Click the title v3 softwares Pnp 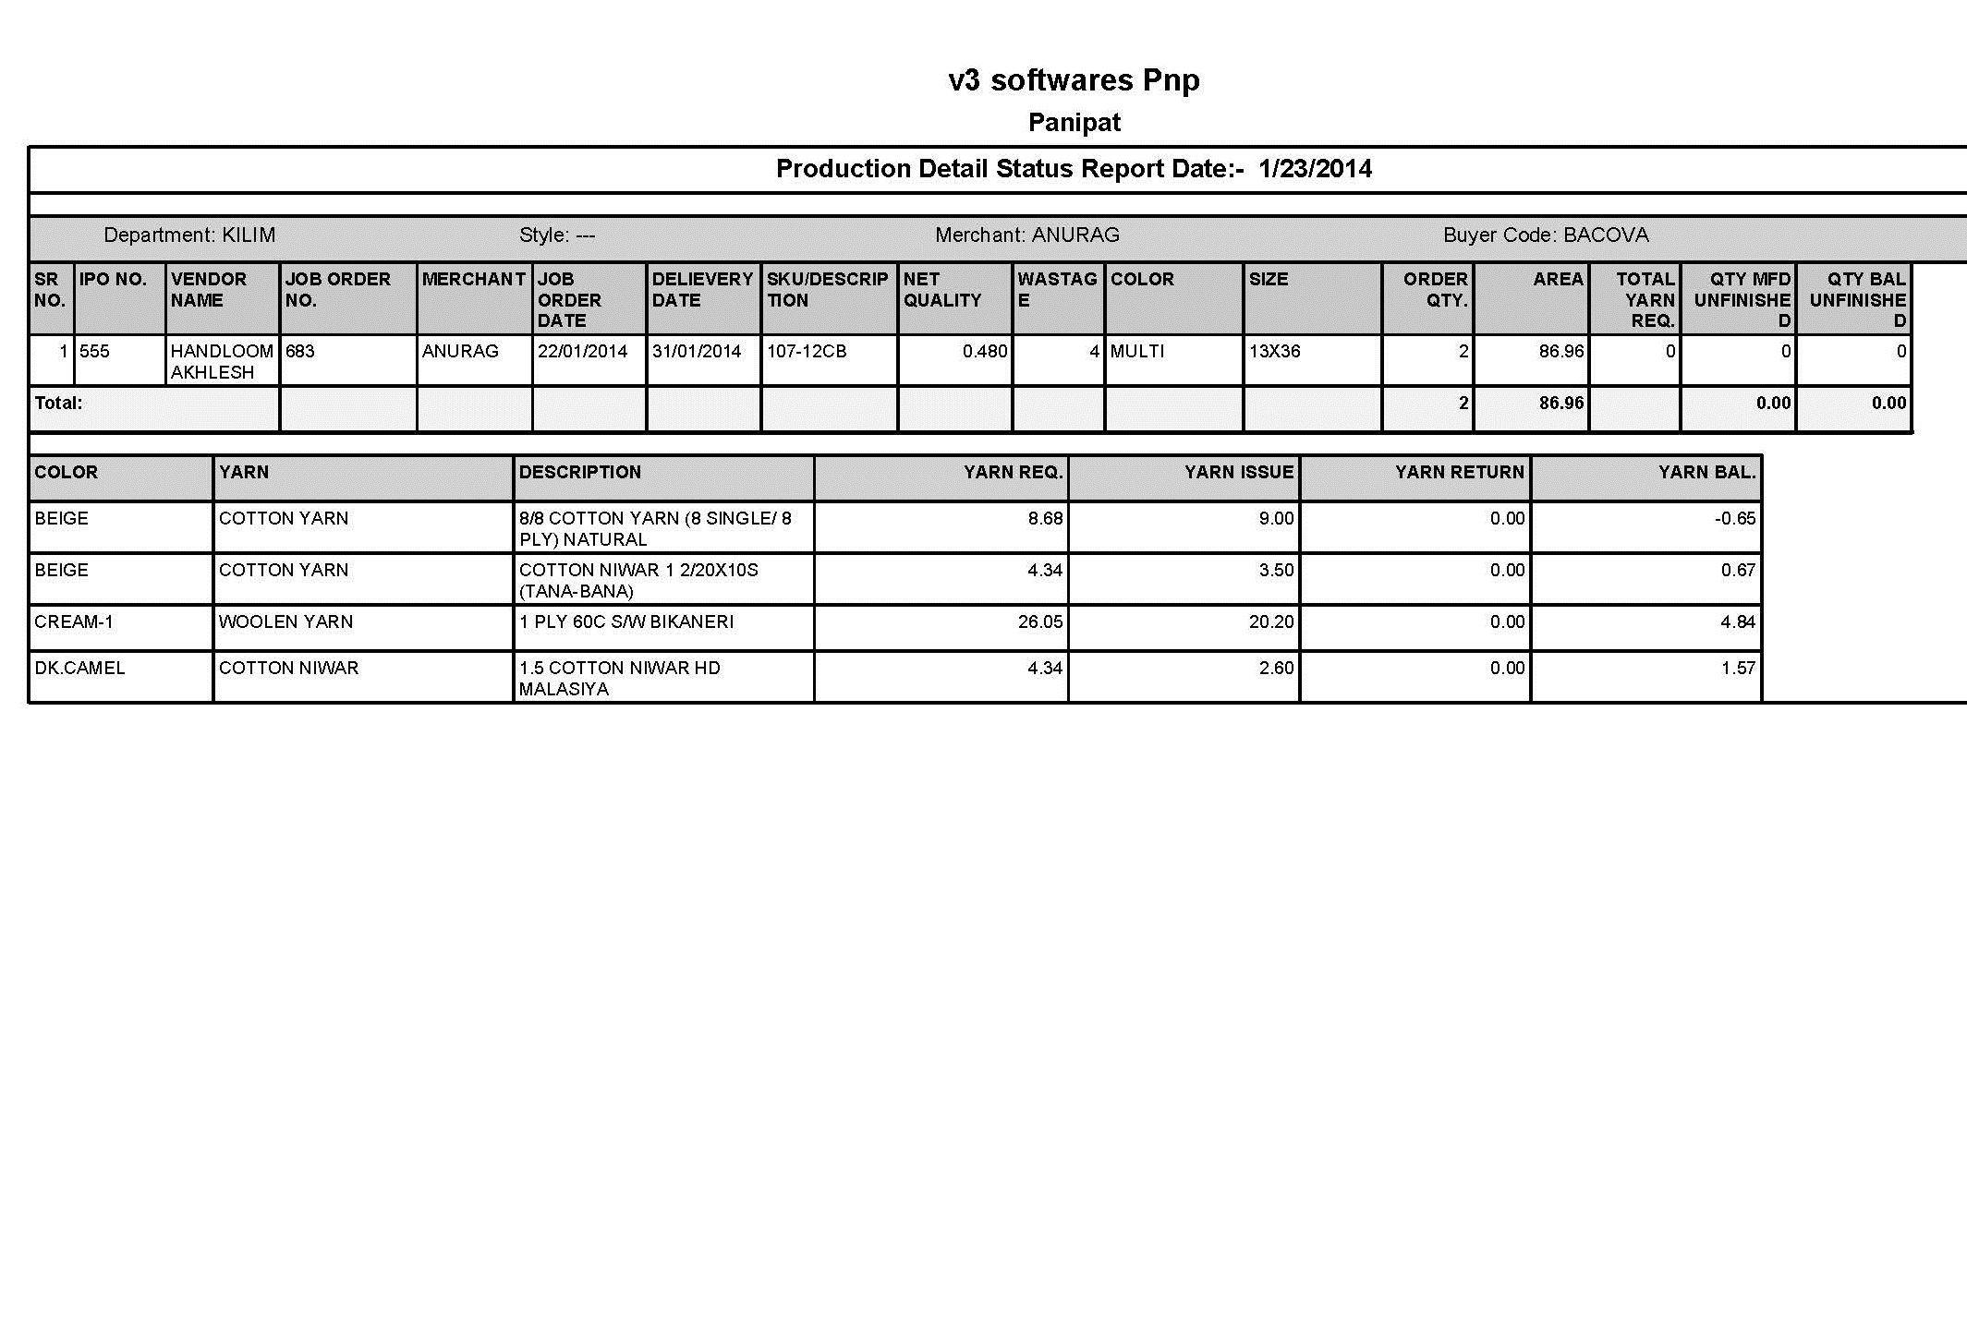coord(1074,80)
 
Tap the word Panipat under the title coord(1074,123)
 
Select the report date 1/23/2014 coord(1315,169)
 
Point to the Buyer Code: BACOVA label coord(1546,235)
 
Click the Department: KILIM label coord(189,235)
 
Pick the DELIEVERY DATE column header coord(702,290)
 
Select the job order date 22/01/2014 coord(583,352)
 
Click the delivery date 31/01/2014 coord(697,352)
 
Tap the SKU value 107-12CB coord(807,352)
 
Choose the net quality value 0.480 coord(984,352)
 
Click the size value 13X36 coord(1275,352)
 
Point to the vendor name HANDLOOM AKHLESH coord(222,361)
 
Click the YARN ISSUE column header coord(1238,473)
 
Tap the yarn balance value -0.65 coord(1734,519)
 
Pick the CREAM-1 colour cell coord(74,622)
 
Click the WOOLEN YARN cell coord(285,622)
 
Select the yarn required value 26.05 coord(1040,622)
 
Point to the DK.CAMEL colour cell coord(79,669)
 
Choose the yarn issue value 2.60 coord(1276,669)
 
